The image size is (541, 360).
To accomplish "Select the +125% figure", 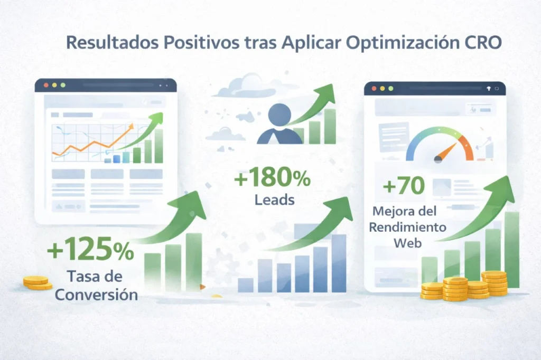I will [90, 251].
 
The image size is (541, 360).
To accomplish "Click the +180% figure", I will [272, 179].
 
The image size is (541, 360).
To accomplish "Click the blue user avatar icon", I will [279, 124].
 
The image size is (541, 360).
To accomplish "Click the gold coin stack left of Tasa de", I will [38, 283].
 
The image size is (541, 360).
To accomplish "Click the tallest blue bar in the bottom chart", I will [339, 262].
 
